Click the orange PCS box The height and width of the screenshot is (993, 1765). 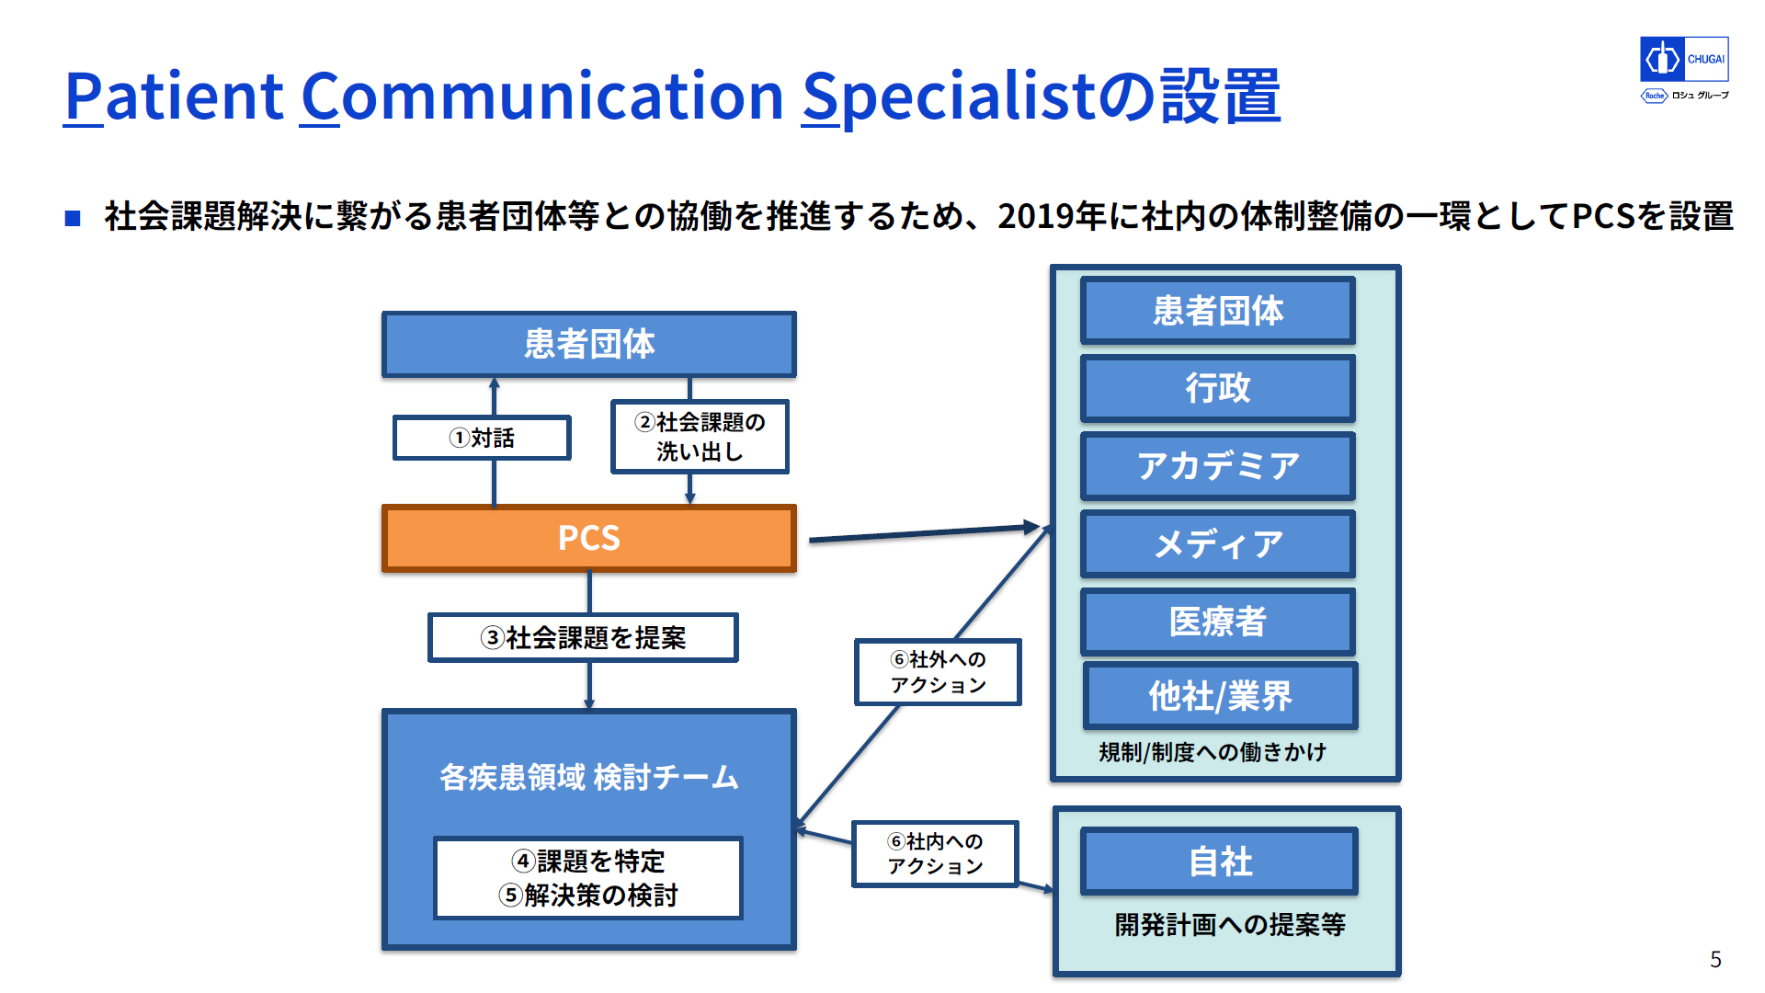click(589, 538)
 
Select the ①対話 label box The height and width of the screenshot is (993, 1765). click(482, 438)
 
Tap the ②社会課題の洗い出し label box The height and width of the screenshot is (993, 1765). click(700, 437)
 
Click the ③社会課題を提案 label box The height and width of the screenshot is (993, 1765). click(583, 637)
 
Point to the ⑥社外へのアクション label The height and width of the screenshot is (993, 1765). click(938, 672)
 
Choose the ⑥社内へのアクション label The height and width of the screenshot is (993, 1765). click(935, 853)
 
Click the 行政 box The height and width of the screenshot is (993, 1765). click(1218, 388)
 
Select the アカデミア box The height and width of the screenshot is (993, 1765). click(1218, 466)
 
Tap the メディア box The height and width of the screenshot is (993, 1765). click(1218, 544)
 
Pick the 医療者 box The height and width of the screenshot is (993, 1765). click(1218, 622)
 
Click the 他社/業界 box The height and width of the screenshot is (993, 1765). click(1221, 696)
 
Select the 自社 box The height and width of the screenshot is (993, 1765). click(1220, 862)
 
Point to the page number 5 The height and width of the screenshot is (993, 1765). click(1715, 959)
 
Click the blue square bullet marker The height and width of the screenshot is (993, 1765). click(73, 218)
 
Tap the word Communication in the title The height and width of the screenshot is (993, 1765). click(542, 96)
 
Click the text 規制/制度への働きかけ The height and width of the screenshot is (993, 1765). click(1213, 752)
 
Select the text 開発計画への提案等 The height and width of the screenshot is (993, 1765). click(1230, 924)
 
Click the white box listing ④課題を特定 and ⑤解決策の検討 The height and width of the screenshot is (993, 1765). click(588, 878)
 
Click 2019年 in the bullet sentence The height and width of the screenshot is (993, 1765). click(1053, 216)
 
